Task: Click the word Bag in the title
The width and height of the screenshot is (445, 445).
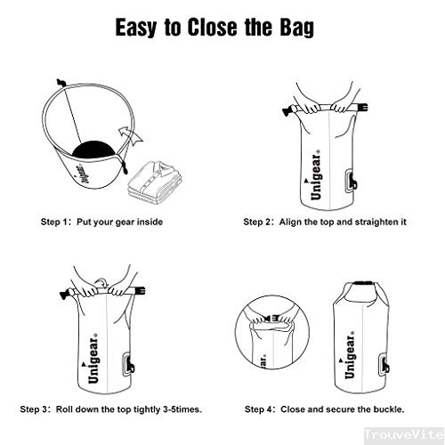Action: pos(296,28)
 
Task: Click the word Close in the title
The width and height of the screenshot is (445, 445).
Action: pos(212,28)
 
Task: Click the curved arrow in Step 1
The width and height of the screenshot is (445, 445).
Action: pos(130,135)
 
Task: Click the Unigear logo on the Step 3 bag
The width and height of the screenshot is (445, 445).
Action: pos(93,358)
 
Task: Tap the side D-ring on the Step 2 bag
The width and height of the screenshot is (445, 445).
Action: pos(351,182)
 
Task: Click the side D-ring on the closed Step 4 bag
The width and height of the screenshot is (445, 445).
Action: pos(384,365)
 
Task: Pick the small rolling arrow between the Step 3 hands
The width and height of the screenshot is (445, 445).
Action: pos(101,282)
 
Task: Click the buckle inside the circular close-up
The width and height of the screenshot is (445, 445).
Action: pos(271,318)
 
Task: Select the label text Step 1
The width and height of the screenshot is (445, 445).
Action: pos(54,222)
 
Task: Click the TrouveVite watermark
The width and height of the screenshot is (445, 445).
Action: pos(404,435)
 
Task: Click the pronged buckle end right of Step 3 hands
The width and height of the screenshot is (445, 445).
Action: pos(140,290)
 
